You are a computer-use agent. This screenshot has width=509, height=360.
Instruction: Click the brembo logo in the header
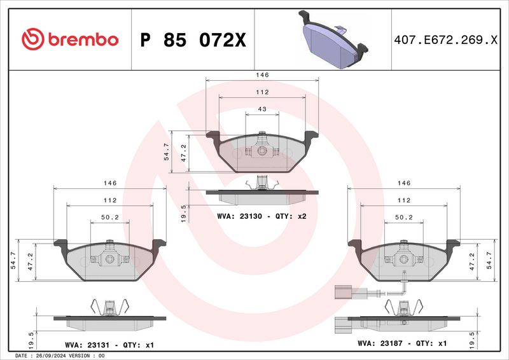tap(70, 39)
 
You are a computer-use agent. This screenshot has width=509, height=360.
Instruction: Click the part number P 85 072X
tap(192, 40)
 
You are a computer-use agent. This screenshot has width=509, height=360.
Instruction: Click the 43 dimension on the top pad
tap(262, 109)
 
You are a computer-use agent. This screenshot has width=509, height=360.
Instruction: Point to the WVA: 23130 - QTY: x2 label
tap(261, 217)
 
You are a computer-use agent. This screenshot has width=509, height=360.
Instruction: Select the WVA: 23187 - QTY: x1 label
tap(403, 343)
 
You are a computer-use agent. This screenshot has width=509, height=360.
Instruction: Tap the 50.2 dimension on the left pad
tap(110, 218)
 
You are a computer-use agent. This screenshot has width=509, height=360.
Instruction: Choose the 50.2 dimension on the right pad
tap(403, 218)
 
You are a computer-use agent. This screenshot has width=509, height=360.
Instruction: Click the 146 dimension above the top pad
tap(262, 75)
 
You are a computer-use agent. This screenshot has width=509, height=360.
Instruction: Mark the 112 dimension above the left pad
tap(110, 200)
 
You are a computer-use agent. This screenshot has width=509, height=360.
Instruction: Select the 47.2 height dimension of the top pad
tap(185, 153)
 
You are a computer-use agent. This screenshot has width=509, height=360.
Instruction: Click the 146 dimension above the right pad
tap(403, 183)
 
